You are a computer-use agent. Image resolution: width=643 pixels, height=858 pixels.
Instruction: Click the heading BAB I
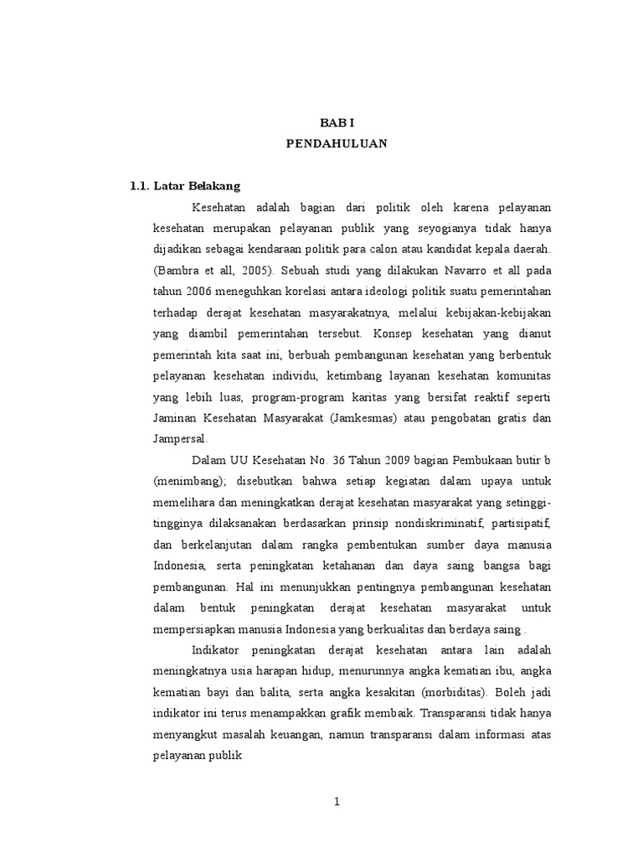point(337,122)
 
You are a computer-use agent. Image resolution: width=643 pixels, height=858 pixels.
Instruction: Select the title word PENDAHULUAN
point(337,143)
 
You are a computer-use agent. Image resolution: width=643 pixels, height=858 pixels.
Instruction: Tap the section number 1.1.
point(139,186)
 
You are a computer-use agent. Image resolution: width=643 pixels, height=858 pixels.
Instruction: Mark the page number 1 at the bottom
point(337,801)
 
